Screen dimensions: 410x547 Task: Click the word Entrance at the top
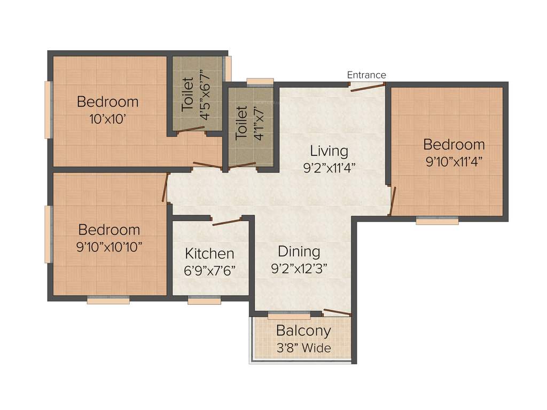[366, 75]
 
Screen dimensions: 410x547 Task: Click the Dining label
[299, 251]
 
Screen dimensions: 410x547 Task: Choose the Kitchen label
[209, 254]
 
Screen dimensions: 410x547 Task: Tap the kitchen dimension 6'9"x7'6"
[209, 271]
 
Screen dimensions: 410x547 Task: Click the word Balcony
[303, 331]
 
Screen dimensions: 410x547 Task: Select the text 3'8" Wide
[303, 349]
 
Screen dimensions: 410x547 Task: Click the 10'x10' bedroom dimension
[107, 119]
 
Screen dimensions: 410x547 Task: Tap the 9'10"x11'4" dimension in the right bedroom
[454, 162]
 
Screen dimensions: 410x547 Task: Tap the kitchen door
[227, 222]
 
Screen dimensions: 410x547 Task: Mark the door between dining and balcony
[337, 313]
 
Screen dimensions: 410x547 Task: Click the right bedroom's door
[393, 201]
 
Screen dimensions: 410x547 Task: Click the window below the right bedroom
[437, 220]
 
